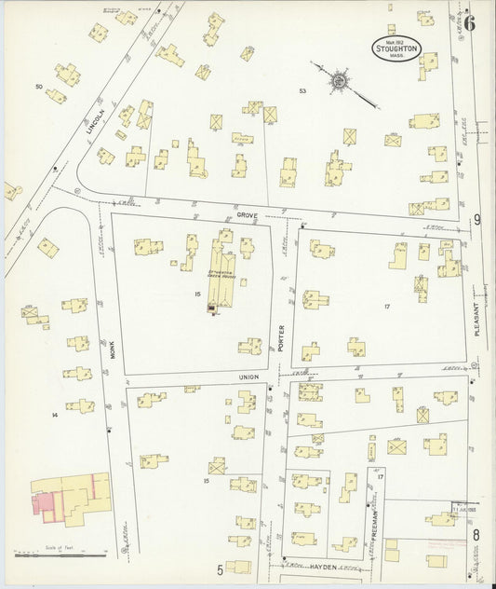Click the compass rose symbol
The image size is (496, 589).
pyautogui.click(x=339, y=82)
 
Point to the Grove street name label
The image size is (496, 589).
pyautogui.click(x=246, y=213)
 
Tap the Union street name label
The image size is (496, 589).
pyautogui.click(x=248, y=377)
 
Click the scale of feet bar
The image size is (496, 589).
pyautogui.click(x=61, y=555)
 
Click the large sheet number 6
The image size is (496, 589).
pyautogui.click(x=471, y=23)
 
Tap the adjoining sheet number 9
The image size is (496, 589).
pyautogui.click(x=477, y=220)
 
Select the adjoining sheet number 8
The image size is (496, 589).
pyautogui.click(x=476, y=534)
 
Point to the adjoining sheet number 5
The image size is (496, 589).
pyautogui.click(x=221, y=568)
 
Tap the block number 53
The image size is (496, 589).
pyautogui.click(x=302, y=90)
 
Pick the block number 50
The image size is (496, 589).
pyautogui.click(x=39, y=87)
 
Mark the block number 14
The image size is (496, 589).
pyautogui.click(x=55, y=413)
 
